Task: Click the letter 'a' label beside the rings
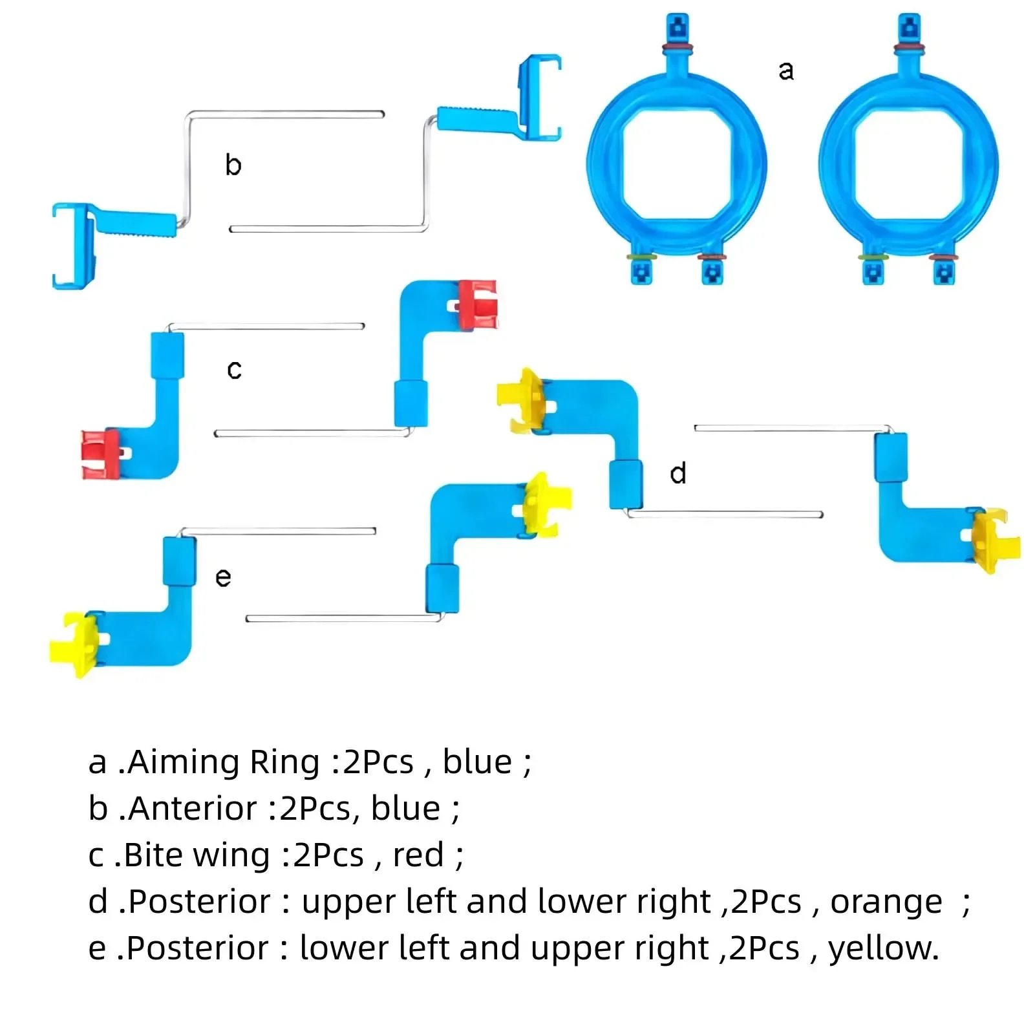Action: (785, 70)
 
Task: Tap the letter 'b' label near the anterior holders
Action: (233, 165)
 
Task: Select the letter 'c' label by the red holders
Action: (234, 370)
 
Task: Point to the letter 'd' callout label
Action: (678, 474)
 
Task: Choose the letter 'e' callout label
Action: (223, 577)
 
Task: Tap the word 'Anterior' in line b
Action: (193, 809)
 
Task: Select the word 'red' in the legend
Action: (418, 855)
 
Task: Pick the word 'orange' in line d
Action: (886, 902)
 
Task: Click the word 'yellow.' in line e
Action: (883, 948)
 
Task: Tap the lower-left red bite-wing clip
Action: (100, 453)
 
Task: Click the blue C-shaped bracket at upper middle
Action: (540, 97)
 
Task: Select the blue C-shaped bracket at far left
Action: (72, 246)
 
